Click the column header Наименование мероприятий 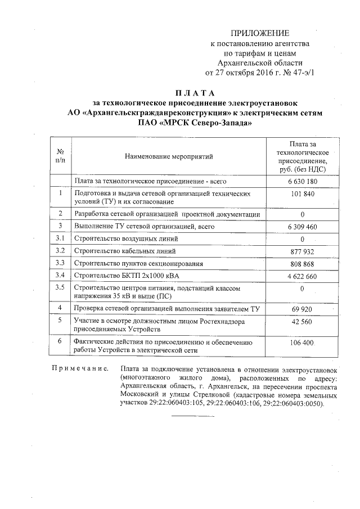(169, 156)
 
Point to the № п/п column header (60, 156)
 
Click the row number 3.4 (60, 275)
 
